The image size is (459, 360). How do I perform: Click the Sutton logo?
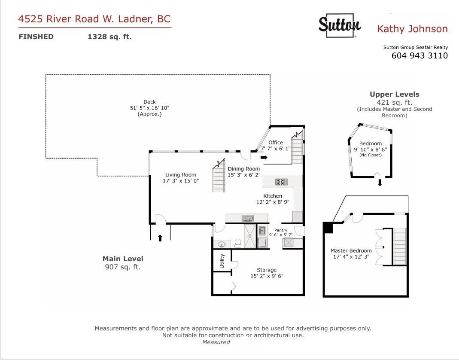click(x=340, y=25)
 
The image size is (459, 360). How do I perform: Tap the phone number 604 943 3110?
click(x=419, y=55)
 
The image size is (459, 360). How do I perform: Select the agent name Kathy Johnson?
click(x=412, y=29)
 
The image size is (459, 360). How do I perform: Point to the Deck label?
click(x=149, y=102)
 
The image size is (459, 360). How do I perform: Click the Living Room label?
click(x=181, y=174)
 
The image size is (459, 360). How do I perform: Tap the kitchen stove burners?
click(x=281, y=182)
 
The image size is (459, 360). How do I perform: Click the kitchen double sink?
click(x=248, y=218)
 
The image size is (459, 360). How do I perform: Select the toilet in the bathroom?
click(x=238, y=243)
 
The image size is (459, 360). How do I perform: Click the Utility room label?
click(x=222, y=261)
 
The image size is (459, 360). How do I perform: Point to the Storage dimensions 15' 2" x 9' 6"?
click(x=267, y=276)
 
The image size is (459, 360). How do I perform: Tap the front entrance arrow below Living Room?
click(x=160, y=238)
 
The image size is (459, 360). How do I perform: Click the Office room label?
click(x=276, y=142)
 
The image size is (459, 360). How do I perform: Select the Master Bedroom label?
click(x=351, y=250)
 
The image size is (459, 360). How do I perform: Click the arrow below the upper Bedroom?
click(x=380, y=183)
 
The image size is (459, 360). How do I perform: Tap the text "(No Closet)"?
click(x=370, y=155)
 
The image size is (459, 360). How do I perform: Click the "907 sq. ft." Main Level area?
click(x=123, y=267)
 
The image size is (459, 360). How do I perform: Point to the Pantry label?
click(x=281, y=230)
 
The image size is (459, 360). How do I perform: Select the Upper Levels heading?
click(x=394, y=95)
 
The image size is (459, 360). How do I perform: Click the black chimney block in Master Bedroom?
click(x=328, y=227)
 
